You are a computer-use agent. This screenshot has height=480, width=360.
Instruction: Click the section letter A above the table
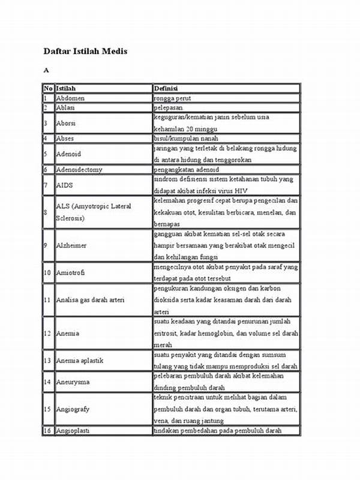tap(45, 70)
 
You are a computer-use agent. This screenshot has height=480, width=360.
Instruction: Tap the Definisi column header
tap(166, 89)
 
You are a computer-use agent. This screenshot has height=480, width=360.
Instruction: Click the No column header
tap(47, 89)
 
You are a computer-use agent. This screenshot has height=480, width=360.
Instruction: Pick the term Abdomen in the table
tap(70, 98)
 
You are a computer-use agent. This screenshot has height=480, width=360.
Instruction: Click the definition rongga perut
tap(173, 98)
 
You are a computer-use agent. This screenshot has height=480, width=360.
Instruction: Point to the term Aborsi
tap(65, 123)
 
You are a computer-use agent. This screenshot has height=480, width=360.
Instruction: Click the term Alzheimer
tap(71, 245)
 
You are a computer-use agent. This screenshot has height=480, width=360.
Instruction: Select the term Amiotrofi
tap(70, 272)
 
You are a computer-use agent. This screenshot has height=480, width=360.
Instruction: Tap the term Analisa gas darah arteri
tap(90, 300)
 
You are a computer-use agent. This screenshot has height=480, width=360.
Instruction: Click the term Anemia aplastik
tap(80, 360)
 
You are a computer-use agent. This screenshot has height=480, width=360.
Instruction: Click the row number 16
tap(47, 431)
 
